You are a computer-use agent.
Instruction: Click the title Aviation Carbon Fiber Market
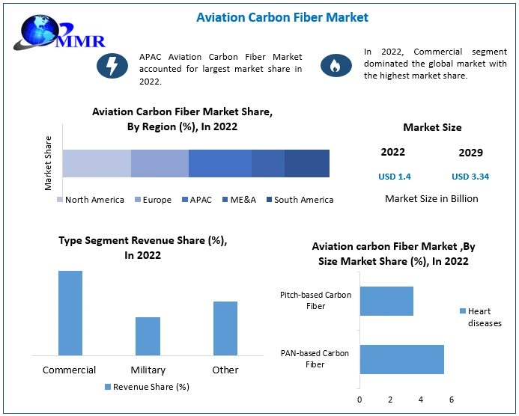point(282,16)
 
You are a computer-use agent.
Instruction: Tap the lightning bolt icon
point(112,66)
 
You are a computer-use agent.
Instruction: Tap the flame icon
point(336,66)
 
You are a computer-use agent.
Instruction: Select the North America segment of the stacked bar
point(97,163)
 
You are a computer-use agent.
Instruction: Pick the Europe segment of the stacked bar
point(160,163)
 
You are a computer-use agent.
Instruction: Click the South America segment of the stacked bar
point(306,163)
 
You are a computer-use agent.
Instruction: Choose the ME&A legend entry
point(240,200)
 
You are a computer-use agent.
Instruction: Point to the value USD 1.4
point(393,177)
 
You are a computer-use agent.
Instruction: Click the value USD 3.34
point(470,177)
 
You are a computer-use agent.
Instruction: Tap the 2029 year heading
point(470,153)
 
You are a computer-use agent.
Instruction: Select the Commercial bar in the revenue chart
point(70,313)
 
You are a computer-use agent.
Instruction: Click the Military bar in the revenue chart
point(148,336)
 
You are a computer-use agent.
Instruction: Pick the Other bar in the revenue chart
point(225,328)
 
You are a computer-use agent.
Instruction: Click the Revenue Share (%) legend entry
point(147,387)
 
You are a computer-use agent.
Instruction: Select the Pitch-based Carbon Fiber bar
point(386,301)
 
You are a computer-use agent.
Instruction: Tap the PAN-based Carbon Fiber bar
point(401,359)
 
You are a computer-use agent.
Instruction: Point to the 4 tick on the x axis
point(421,400)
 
